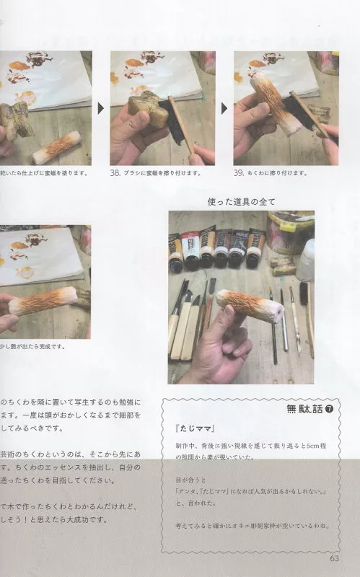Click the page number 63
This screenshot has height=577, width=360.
point(334,558)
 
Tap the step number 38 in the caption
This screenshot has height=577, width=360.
point(115,173)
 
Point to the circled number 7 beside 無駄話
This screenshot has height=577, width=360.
point(329,410)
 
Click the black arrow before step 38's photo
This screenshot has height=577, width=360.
point(102,108)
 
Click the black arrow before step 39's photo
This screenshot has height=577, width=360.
point(225,108)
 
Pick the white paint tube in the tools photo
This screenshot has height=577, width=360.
point(190,250)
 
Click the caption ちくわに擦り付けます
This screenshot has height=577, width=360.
point(278,173)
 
